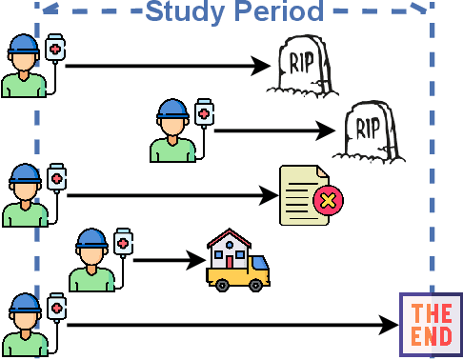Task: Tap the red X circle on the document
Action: coord(329,201)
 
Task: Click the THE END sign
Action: coord(432,325)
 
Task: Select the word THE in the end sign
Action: coord(432,312)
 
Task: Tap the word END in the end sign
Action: coord(432,336)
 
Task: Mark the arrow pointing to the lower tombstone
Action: coord(276,130)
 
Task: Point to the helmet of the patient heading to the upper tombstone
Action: coord(24,46)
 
